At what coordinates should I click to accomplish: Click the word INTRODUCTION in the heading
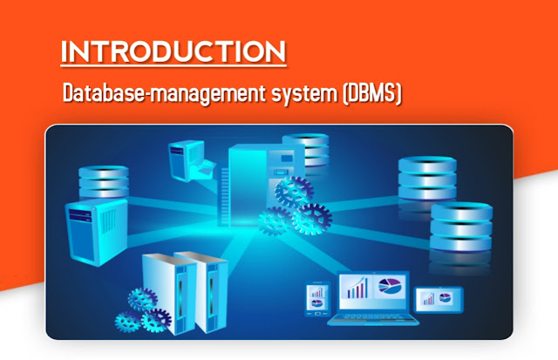[x=174, y=51]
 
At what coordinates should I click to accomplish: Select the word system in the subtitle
[x=304, y=94]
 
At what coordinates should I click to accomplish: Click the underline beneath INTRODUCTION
[x=174, y=65]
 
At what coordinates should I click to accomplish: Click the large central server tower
[x=249, y=185]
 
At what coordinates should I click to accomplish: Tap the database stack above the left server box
[x=104, y=181]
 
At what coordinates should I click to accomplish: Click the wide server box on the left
[x=97, y=232]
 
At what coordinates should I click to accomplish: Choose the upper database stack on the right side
[x=427, y=178]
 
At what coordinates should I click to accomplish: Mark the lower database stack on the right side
[x=461, y=227]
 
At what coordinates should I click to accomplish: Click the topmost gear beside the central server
[x=294, y=192]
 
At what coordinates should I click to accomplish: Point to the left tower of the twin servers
[x=169, y=294]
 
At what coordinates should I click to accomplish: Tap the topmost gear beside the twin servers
[x=142, y=300]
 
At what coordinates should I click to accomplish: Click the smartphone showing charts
[x=317, y=298]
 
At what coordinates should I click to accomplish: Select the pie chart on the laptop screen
[x=390, y=286]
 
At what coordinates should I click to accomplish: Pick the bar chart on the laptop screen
[x=357, y=289]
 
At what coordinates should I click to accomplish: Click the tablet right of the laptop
[x=439, y=299]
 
